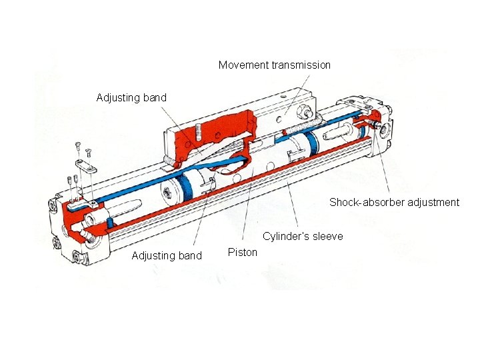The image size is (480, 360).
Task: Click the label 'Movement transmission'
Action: click(274, 65)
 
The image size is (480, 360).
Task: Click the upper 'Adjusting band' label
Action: click(131, 98)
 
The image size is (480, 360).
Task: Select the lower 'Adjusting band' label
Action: click(167, 255)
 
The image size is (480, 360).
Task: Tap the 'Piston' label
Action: click(242, 252)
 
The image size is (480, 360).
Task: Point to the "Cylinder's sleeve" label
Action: click(303, 237)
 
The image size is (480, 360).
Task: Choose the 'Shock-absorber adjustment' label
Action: click(394, 202)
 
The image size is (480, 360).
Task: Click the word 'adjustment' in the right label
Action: click(433, 202)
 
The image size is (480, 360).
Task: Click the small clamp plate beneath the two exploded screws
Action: click(84, 165)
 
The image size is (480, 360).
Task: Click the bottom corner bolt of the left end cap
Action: click(79, 257)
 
